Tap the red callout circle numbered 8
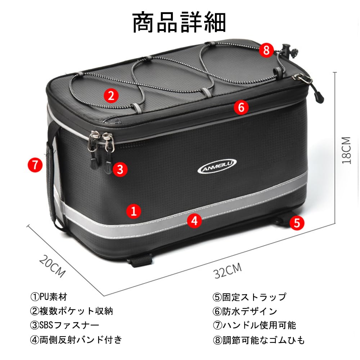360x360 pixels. (266, 50)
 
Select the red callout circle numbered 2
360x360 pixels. (111, 95)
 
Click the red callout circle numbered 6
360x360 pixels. (241, 107)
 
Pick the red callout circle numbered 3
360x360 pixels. (120, 169)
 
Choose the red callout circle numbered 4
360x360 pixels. (194, 221)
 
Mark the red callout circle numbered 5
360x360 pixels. (297, 223)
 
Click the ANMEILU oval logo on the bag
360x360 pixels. (217, 166)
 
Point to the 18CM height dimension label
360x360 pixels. (346, 150)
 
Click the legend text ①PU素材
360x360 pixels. (49, 297)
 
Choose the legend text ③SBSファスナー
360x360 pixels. (64, 325)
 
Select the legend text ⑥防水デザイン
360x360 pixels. (245, 311)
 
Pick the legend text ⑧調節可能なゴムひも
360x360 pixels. (258, 339)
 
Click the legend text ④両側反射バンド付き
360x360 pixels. (76, 339)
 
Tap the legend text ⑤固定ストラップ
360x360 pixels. (249, 297)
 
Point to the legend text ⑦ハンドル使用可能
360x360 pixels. (254, 325)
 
